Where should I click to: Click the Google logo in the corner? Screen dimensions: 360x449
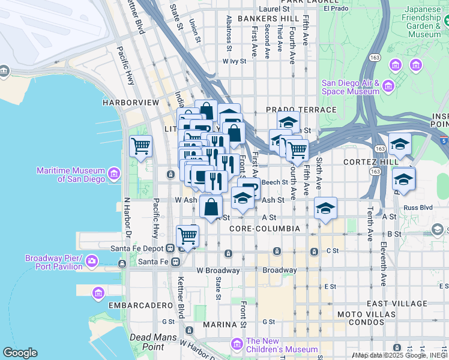20,353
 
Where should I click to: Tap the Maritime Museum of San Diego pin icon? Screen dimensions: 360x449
114,174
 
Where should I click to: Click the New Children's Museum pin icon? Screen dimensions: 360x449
237,345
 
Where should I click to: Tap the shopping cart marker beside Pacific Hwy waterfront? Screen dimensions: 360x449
140,146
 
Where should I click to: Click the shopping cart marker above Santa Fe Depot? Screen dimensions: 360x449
187,236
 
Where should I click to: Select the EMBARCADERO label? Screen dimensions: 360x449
133,305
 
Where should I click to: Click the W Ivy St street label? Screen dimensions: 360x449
235,61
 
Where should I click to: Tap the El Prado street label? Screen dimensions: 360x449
336,9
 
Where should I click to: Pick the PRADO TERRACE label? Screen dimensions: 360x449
301,110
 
